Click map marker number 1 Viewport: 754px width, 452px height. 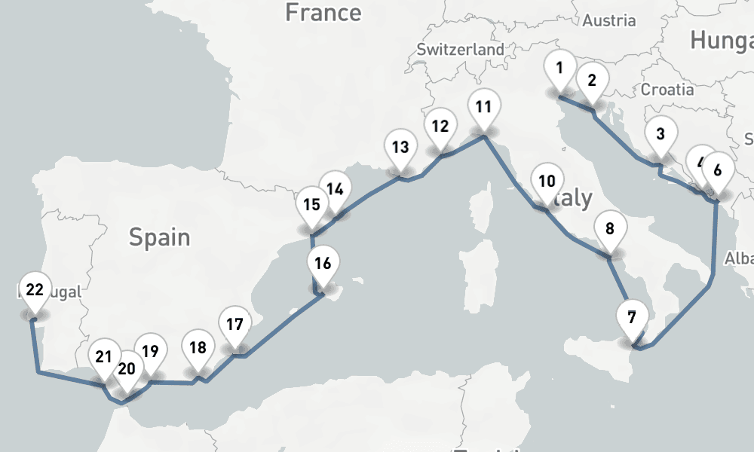[559, 69]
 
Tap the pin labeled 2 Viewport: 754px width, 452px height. [592, 81]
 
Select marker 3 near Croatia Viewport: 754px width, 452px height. [661, 136]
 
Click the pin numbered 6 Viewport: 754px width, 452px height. [717, 170]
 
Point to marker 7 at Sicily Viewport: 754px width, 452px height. [631, 317]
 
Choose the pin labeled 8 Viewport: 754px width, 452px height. [610, 229]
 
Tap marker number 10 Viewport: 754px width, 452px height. [547, 182]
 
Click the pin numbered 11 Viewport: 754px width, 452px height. [483, 107]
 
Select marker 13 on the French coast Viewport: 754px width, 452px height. [400, 147]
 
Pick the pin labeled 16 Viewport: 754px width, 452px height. [323, 264]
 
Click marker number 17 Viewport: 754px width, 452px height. [234, 325]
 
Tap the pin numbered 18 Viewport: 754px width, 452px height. [198, 349]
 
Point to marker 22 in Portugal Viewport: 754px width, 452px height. [35, 290]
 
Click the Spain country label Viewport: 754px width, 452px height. [159, 237]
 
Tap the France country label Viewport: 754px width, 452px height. [323, 12]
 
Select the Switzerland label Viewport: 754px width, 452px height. [461, 49]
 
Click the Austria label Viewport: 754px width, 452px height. [609, 20]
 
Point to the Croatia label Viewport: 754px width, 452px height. [667, 89]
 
